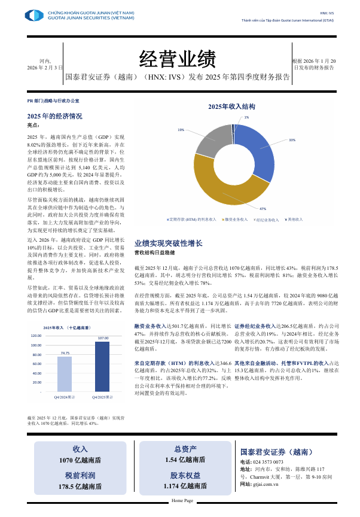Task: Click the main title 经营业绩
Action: [177, 59]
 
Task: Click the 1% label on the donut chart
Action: [246, 117]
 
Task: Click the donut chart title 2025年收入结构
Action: [231, 107]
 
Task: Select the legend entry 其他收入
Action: [295, 220]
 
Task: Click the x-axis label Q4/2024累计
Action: [64, 397]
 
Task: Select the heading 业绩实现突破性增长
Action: [168, 244]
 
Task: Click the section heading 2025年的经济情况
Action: [54, 116]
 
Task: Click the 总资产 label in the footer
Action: [185, 448]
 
